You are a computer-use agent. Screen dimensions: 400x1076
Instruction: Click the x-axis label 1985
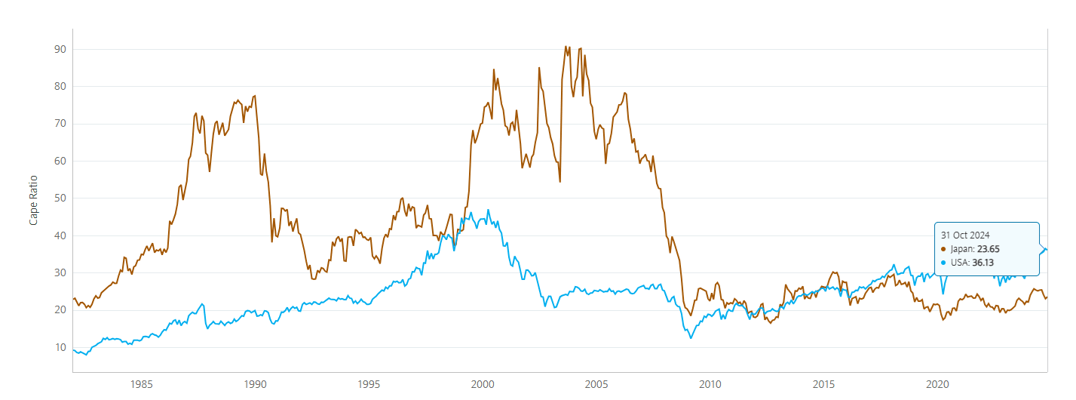[142, 383]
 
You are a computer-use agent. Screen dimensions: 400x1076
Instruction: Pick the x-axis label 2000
[483, 383]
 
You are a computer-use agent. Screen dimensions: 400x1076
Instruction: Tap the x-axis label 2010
[710, 383]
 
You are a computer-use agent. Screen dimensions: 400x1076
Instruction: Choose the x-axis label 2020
[937, 383]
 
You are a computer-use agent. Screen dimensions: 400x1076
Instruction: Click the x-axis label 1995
[369, 383]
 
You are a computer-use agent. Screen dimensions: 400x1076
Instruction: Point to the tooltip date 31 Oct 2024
[965, 235]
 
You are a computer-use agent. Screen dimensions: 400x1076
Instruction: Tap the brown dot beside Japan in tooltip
[943, 249]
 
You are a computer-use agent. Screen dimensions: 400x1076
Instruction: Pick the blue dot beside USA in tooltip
[943, 263]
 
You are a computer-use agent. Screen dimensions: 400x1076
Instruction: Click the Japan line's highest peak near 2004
[566, 47]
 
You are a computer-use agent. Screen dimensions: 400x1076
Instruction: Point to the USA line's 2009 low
[691, 337]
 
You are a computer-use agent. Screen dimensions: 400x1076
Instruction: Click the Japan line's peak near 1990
[255, 96]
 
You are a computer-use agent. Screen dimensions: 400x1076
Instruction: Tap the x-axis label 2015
[823, 383]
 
